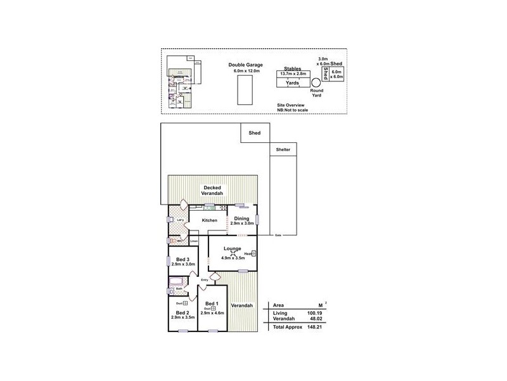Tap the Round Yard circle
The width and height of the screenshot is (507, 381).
[x=316, y=82]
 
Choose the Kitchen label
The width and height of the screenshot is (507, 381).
[x=210, y=220]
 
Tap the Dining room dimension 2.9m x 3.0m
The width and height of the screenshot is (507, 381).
[x=241, y=224]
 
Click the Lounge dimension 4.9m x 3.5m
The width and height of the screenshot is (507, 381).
[x=233, y=258]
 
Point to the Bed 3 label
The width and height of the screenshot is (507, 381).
[x=183, y=258]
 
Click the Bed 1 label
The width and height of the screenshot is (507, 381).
[x=212, y=304]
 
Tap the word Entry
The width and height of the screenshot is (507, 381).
[x=205, y=280]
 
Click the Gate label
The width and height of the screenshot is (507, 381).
[x=278, y=235]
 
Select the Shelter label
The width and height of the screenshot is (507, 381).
[x=283, y=150]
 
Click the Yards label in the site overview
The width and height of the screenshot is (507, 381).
[x=292, y=83]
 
